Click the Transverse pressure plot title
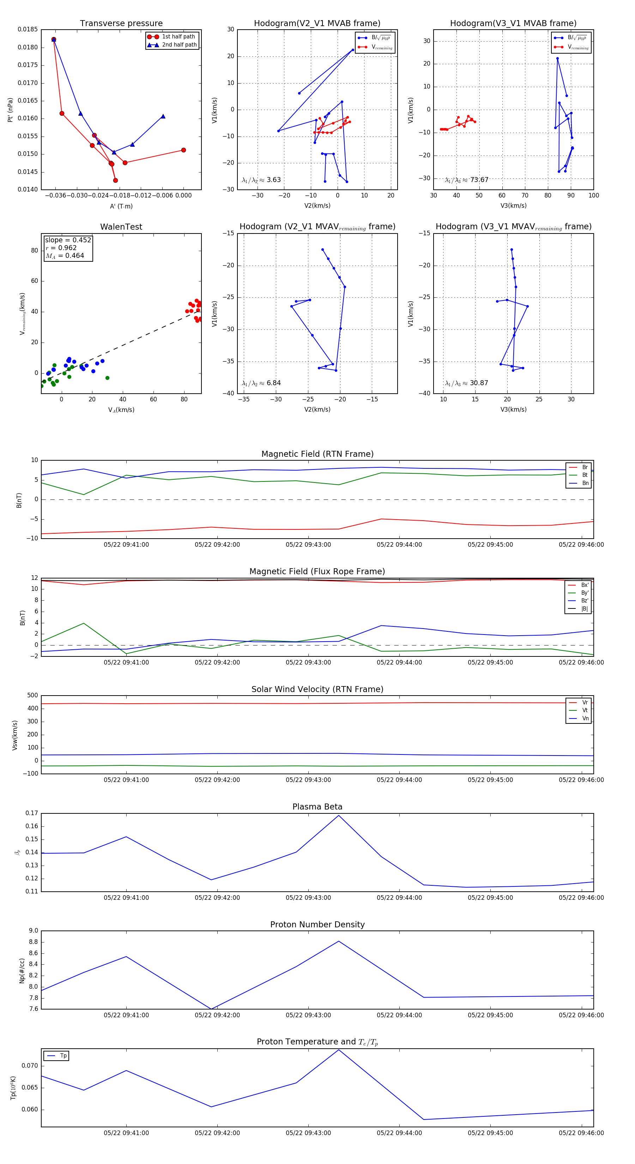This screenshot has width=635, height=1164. click(121, 24)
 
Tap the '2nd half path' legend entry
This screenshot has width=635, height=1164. click(179, 45)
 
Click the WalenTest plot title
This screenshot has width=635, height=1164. click(121, 227)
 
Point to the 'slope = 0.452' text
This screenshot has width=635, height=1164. click(68, 240)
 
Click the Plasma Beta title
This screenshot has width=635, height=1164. click(317, 807)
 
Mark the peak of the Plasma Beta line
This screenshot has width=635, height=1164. click(339, 816)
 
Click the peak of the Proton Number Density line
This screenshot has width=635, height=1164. click(339, 941)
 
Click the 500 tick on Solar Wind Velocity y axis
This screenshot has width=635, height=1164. click(32, 696)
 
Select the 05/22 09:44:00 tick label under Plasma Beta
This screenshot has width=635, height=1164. click(399, 897)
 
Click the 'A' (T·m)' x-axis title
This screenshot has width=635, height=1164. click(121, 206)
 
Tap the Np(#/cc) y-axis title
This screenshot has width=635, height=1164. click(22, 971)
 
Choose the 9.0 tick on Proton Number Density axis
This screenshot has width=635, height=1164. click(34, 931)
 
